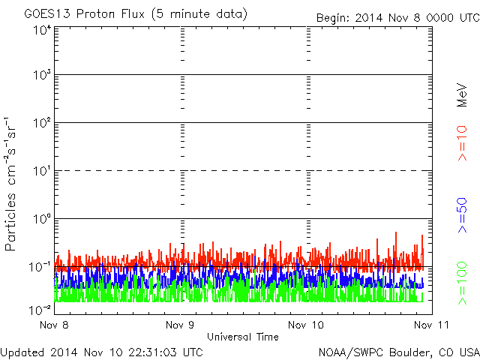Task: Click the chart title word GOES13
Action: click(x=47, y=14)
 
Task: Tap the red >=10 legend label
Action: click(x=462, y=143)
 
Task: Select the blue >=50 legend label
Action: click(x=462, y=215)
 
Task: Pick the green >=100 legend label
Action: click(x=462, y=283)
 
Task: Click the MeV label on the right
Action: click(x=462, y=95)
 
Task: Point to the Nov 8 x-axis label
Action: click(x=54, y=325)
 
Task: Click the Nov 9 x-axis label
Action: click(x=180, y=325)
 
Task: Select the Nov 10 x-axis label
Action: click(x=306, y=325)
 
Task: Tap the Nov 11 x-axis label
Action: click(x=431, y=325)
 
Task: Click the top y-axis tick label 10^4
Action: click(x=43, y=31)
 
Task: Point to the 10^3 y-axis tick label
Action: click(x=43, y=75)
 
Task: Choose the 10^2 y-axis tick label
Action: click(x=43, y=123)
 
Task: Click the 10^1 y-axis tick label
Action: click(x=43, y=171)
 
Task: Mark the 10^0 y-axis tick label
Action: click(x=43, y=219)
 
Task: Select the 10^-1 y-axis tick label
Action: click(x=40, y=267)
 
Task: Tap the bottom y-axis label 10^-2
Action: click(x=40, y=310)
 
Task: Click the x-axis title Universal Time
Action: click(x=243, y=337)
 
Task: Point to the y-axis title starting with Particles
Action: click(x=10, y=184)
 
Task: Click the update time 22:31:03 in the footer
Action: click(x=153, y=352)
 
